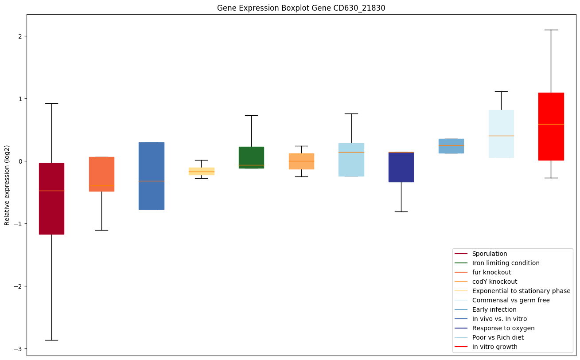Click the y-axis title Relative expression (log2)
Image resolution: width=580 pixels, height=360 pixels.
(x=7, y=185)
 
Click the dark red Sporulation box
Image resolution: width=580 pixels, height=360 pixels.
(x=51, y=199)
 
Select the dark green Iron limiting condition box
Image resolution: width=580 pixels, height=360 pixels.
(x=251, y=157)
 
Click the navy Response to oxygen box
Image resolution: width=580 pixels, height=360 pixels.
(x=401, y=167)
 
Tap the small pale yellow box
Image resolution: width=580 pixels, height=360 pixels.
(x=201, y=171)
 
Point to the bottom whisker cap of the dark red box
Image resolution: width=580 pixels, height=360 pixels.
(x=51, y=340)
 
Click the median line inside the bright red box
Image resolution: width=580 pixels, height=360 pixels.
(x=551, y=124)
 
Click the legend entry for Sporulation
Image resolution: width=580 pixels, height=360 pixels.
(x=490, y=254)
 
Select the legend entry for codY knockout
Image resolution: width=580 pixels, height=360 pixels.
(x=494, y=282)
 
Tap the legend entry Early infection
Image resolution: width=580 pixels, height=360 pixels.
(x=494, y=310)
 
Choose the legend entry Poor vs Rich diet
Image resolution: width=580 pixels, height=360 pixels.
(x=498, y=338)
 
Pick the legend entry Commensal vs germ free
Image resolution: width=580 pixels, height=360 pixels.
(x=510, y=301)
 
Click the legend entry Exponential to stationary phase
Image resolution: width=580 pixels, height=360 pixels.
(x=521, y=291)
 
